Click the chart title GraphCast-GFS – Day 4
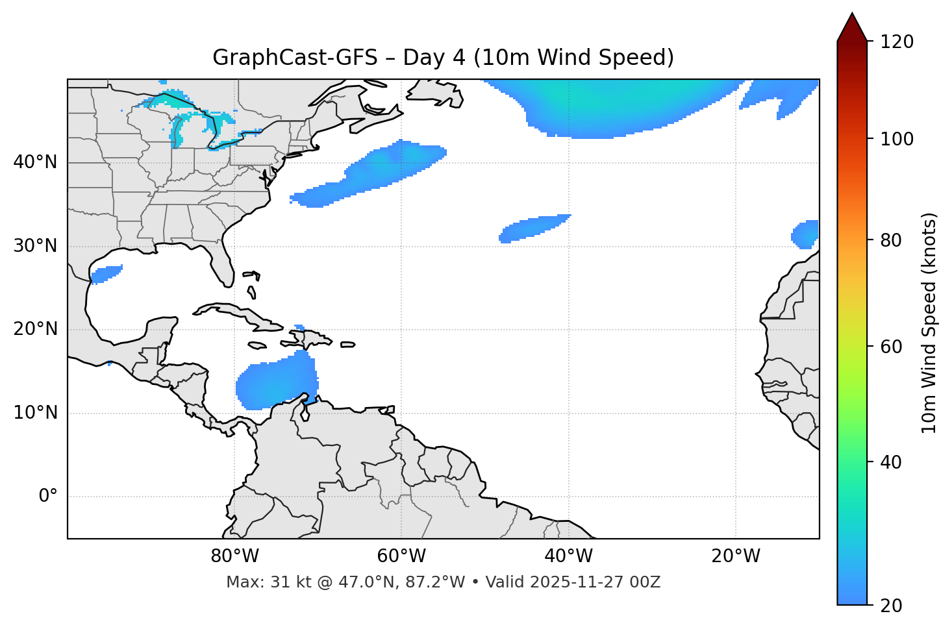[443, 58]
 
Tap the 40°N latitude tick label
[35, 162]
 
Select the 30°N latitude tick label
[35, 246]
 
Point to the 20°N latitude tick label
[35, 329]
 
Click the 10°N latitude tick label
[35, 413]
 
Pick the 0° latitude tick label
[48, 497]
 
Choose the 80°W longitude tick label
[234, 556]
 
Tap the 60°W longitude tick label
[401, 556]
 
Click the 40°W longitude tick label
[568, 556]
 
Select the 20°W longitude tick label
[735, 556]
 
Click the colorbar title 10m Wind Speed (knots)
[929, 323]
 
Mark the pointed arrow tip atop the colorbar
[852, 14]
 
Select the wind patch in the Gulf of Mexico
[106, 274]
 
